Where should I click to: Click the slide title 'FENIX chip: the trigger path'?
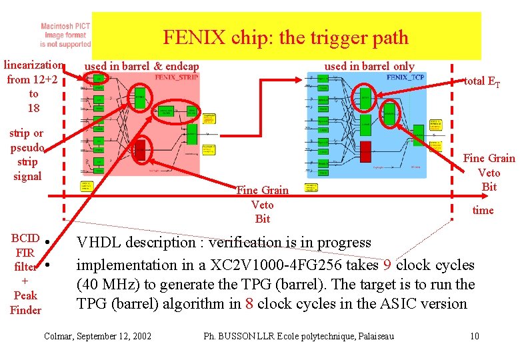pos(285,37)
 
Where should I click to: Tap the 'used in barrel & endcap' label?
pos(141,66)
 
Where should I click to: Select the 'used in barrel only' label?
pos(369,66)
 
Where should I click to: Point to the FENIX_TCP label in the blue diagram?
pos(405,77)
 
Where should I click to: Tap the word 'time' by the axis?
pos(483,211)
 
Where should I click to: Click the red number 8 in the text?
pos(249,304)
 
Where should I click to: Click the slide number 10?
pos(474,336)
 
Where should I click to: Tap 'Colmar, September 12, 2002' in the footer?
pos(97,336)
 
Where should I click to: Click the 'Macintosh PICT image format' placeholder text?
pos(65,35)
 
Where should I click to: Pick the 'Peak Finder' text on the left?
pos(25,303)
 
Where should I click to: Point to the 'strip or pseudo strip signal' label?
pos(27,155)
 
